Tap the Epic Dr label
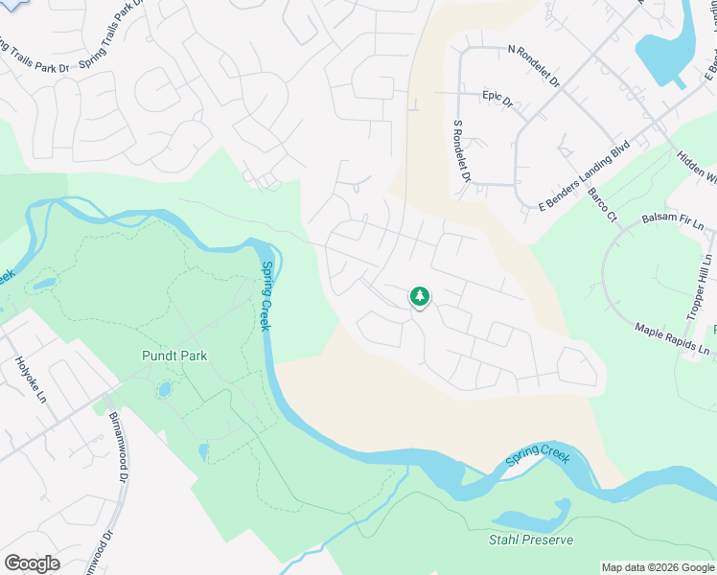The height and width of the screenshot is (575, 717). (497, 99)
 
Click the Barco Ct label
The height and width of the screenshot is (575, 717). (603, 204)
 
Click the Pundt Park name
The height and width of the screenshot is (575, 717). (174, 356)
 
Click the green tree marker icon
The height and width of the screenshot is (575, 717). (419, 297)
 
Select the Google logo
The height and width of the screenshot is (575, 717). (32, 563)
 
